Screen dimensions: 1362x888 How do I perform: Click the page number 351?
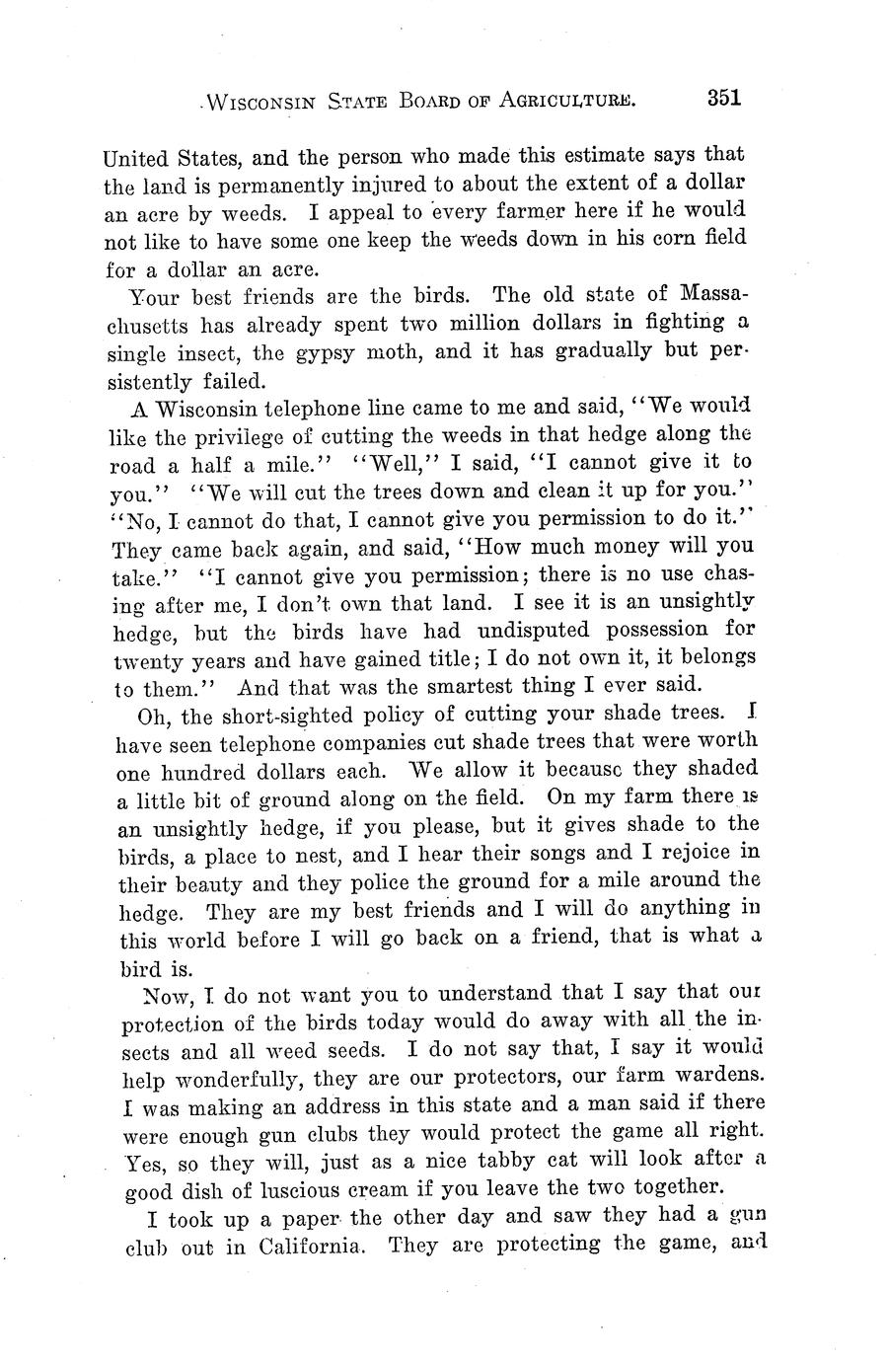click(722, 98)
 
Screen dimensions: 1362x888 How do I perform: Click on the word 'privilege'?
click(236, 434)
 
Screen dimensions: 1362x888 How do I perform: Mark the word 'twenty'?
click(140, 658)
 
